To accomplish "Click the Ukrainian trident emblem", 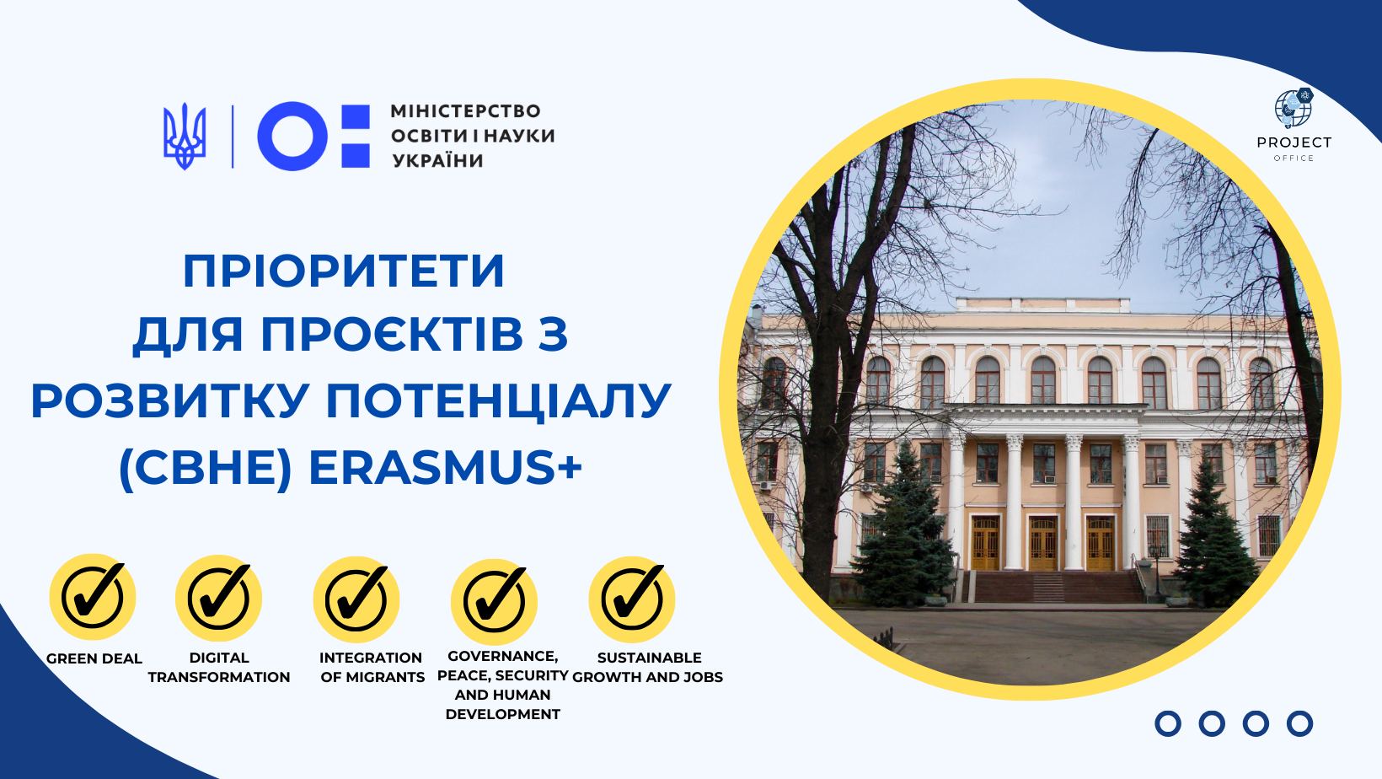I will (184, 136).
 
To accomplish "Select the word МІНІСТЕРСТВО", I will (465, 111).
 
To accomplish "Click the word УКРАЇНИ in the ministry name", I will (437, 159).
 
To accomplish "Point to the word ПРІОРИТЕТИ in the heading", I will (344, 271).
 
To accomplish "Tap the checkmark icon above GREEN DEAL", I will (93, 597).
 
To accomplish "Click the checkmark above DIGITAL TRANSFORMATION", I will (219, 597).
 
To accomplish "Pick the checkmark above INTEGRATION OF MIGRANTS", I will (357, 599).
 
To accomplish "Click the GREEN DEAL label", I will (94, 658).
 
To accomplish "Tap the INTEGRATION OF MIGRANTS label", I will (372, 667).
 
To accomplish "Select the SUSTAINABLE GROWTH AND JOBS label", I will (648, 667).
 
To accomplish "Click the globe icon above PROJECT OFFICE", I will (1294, 106).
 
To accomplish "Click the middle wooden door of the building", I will (1042, 544).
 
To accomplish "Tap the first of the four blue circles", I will (1167, 723).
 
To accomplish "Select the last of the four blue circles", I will (1300, 723).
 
